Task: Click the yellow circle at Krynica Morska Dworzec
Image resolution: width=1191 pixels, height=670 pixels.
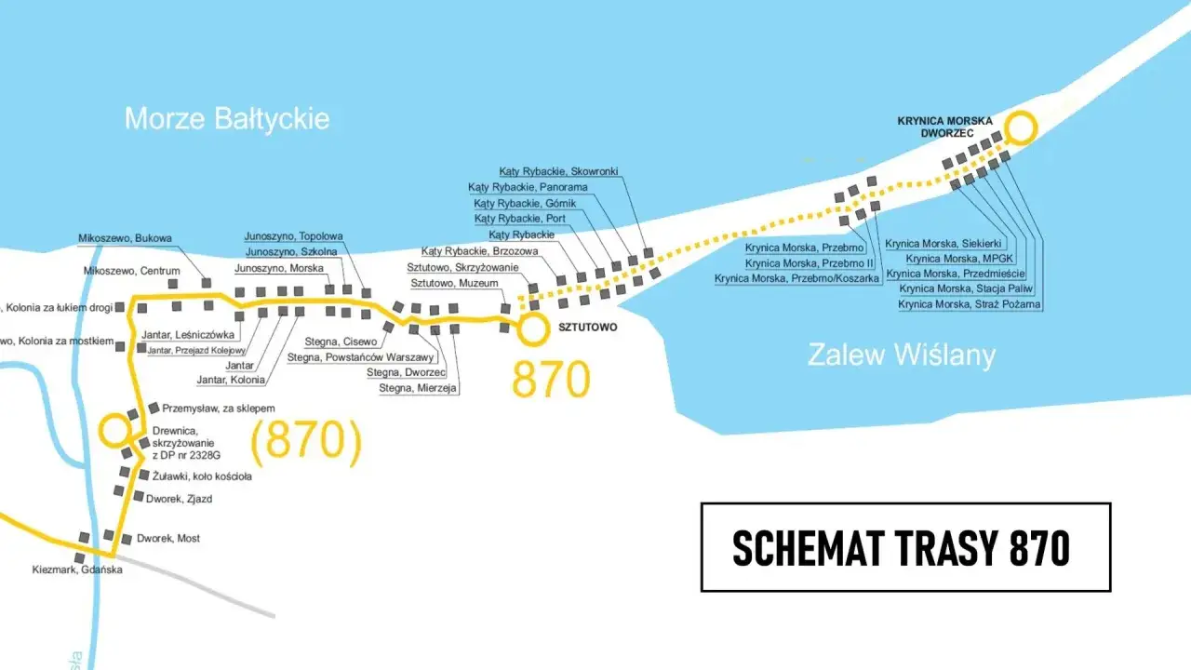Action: [x=1020, y=127]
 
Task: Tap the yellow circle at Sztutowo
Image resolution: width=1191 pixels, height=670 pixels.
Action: [x=533, y=328]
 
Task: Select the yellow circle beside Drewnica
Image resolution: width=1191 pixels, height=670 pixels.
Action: [x=114, y=431]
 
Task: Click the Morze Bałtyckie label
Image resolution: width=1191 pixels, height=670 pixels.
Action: [x=227, y=118]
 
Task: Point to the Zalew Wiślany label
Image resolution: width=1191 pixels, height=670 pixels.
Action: [x=901, y=355]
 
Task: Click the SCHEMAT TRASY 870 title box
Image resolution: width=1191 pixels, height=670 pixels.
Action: [x=904, y=547]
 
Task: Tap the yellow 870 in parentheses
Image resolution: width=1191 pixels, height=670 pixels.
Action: [x=306, y=440]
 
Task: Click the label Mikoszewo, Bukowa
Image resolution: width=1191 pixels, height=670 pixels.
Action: [x=126, y=238]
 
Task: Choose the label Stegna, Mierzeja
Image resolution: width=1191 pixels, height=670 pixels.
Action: [x=418, y=388]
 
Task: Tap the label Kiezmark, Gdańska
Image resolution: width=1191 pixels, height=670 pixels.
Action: [x=77, y=569]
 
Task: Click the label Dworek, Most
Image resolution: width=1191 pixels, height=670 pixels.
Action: [x=167, y=538]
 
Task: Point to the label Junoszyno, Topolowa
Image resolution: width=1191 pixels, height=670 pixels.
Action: [x=294, y=236]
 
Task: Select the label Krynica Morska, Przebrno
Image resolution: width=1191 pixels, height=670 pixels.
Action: [x=805, y=248]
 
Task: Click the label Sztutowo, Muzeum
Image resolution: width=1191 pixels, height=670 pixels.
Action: [x=455, y=283]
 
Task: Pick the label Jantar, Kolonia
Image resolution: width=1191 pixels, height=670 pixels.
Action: [x=231, y=380]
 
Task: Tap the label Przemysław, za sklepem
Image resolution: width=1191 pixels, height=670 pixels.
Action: [x=219, y=408]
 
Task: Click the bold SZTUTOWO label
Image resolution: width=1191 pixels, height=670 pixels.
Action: [x=586, y=328]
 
